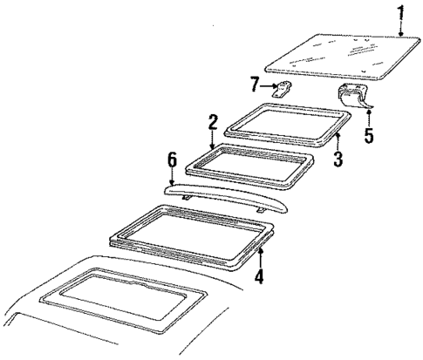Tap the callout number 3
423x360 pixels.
(338, 159)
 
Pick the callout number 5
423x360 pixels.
(369, 138)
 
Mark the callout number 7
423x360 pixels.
(255, 85)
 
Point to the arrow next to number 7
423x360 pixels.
(269, 85)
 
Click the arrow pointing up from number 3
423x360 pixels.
(338, 142)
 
